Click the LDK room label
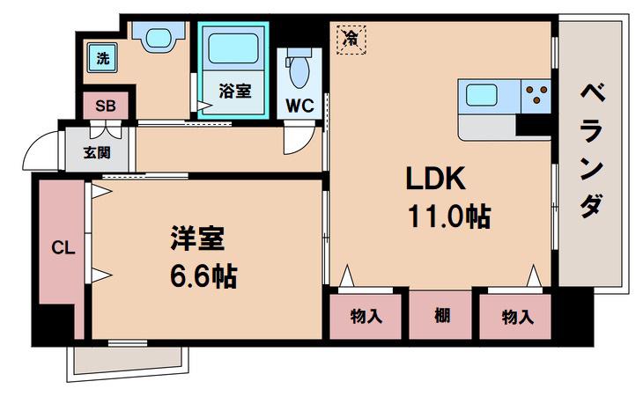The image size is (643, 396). [x=435, y=178]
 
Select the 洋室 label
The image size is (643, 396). [x=197, y=238]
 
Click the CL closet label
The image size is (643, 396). [x=63, y=248]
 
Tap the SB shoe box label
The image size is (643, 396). [x=106, y=106]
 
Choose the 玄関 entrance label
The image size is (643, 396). [x=97, y=153]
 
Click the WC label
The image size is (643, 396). [x=299, y=106]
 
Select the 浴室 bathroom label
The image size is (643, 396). [x=235, y=91]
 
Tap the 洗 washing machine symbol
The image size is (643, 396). [x=102, y=58]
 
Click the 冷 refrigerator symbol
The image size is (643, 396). [x=351, y=40]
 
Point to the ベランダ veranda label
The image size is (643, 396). [x=593, y=150]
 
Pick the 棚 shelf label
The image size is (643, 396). [x=442, y=316]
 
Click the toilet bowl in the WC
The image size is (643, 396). [x=299, y=69]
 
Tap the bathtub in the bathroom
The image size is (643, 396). [x=233, y=48]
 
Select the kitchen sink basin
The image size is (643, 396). [x=482, y=94]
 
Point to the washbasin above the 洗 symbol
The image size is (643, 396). [x=159, y=37]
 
